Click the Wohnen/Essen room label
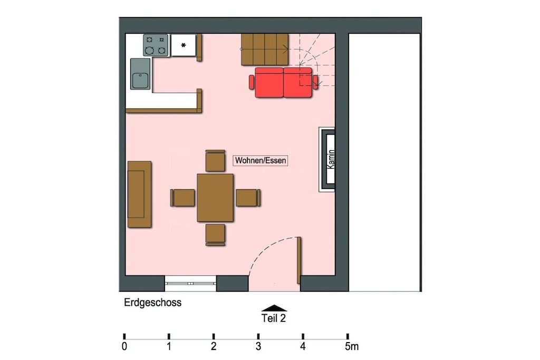point(261,160)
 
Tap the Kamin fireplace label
point(331,159)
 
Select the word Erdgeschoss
point(152,303)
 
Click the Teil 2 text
point(274,318)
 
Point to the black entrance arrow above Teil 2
point(274,308)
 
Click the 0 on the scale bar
point(124,346)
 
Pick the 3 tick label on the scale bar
point(258,346)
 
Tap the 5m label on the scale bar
point(352,346)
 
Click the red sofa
point(283,83)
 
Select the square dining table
point(215,198)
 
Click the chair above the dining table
point(215,160)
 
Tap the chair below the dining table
point(215,235)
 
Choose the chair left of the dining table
point(182,198)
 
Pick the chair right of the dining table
point(248,198)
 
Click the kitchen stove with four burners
point(156,45)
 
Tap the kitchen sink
point(140,74)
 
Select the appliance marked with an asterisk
point(184,45)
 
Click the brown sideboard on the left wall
point(139,194)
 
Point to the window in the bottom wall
point(190,283)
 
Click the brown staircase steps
point(265,50)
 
